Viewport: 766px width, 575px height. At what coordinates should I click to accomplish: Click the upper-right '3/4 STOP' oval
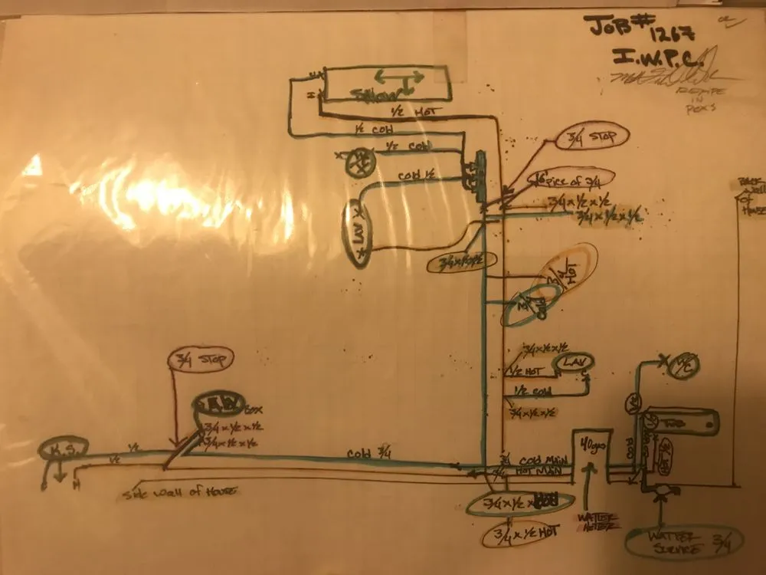click(x=597, y=137)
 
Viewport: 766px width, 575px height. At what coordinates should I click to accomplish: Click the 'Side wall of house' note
click(x=178, y=493)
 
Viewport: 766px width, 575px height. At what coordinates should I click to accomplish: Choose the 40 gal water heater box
click(x=589, y=455)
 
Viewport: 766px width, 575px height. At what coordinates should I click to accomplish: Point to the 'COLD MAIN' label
click(x=536, y=456)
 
